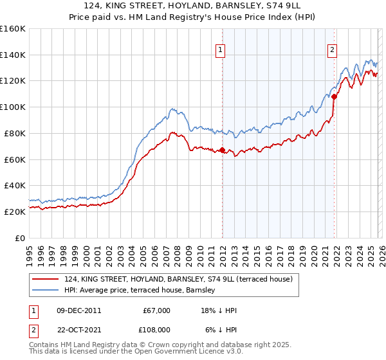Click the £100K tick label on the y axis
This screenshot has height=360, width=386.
(x=13, y=107)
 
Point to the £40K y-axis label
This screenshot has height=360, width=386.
(x=15, y=185)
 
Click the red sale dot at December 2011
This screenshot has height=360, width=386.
(x=222, y=150)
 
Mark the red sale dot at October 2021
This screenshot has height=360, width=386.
(x=335, y=96)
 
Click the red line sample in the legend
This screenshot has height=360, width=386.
(x=46, y=279)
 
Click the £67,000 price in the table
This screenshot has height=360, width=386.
(x=156, y=310)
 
